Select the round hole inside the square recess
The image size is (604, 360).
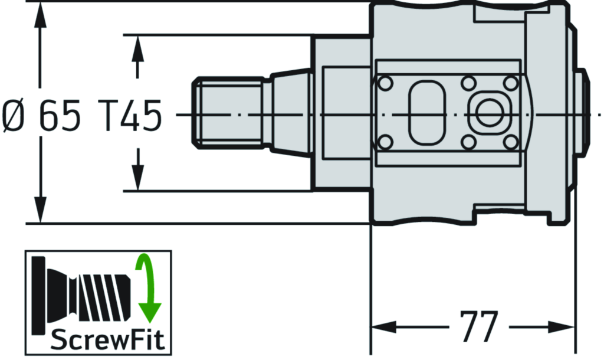click(x=488, y=112)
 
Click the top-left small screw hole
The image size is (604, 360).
click(x=385, y=83)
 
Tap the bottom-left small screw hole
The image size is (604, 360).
click(x=385, y=142)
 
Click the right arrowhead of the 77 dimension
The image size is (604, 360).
click(x=566, y=326)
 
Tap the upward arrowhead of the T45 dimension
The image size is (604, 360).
click(x=137, y=47)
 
